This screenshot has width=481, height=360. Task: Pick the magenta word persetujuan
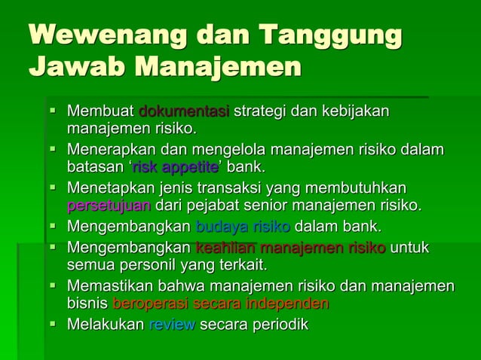(109, 205)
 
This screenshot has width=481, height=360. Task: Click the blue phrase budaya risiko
(243, 226)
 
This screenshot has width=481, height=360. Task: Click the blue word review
(172, 325)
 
